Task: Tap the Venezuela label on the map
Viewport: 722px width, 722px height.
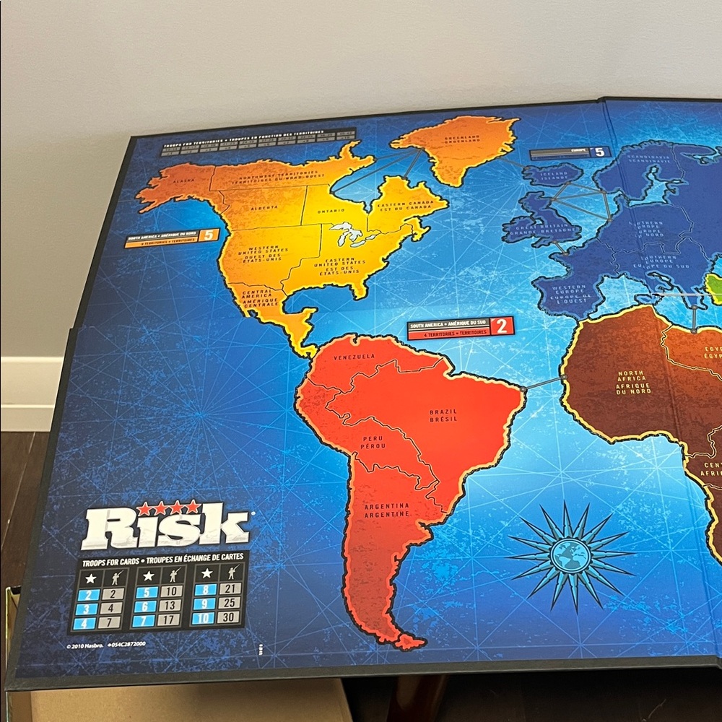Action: coord(354,357)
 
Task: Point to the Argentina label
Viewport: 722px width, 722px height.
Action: coord(388,510)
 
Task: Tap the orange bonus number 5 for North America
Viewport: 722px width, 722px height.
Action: coord(209,235)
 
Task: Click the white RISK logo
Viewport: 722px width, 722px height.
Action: coord(166,527)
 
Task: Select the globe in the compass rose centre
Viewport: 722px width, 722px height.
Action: coord(570,554)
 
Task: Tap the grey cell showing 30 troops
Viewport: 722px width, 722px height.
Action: coord(231,618)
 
